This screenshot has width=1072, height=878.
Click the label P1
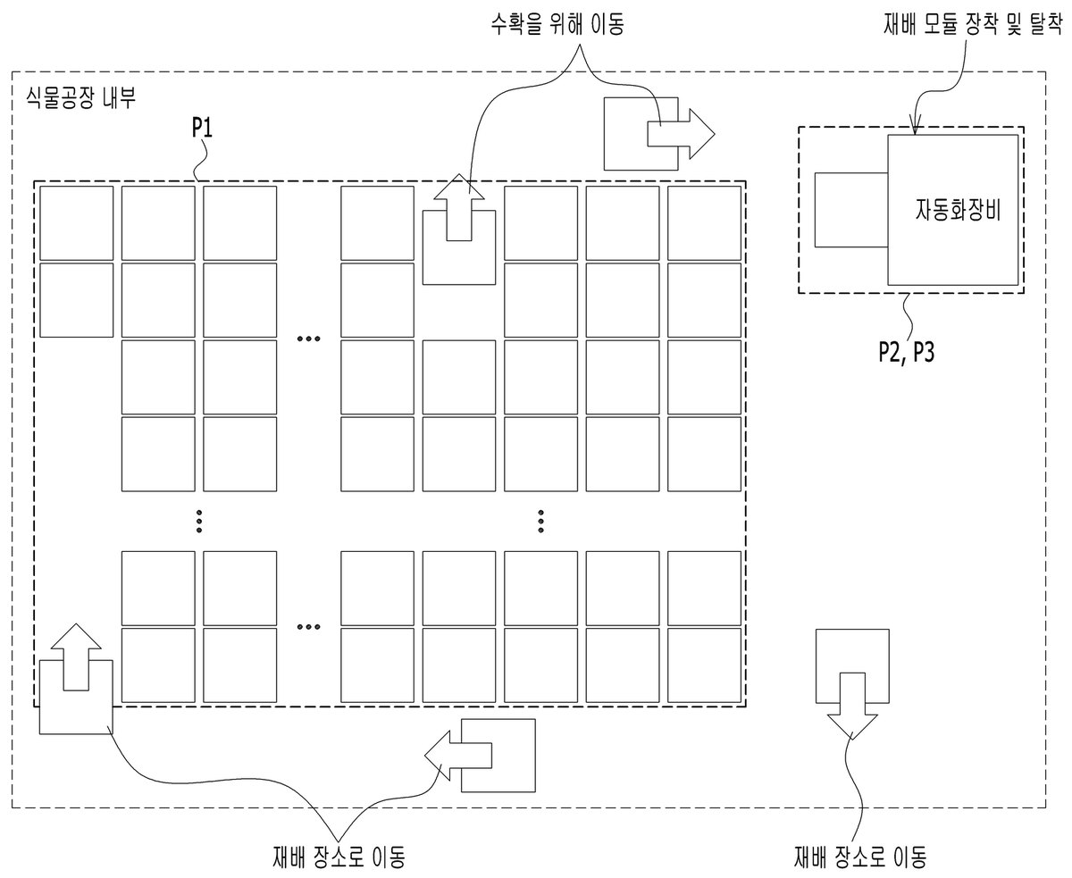[x=202, y=128]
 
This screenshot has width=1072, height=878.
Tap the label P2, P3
[x=907, y=352]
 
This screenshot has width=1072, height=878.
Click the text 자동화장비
[x=959, y=209]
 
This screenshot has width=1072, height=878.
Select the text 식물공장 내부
[x=80, y=98]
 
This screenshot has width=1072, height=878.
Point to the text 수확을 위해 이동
[x=557, y=23]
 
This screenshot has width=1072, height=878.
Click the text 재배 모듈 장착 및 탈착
[x=973, y=23]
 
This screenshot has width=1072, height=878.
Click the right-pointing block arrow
[x=681, y=134]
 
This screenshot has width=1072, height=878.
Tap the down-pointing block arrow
[x=852, y=706]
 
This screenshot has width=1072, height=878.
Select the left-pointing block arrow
[x=458, y=755]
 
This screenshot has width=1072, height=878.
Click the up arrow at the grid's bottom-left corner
[x=76, y=656]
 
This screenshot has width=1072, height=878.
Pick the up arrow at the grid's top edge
[x=459, y=207]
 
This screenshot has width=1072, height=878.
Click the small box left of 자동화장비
[x=851, y=210]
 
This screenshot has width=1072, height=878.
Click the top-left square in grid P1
[x=77, y=223]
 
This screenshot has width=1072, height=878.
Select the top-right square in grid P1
[x=704, y=223]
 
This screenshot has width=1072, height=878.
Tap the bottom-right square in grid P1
[x=704, y=665]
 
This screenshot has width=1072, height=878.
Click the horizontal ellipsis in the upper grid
[x=308, y=339]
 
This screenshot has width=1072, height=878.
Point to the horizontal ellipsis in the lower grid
[x=308, y=626]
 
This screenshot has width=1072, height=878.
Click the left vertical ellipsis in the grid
[x=199, y=522]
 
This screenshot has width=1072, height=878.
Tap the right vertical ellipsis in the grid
[x=540, y=522]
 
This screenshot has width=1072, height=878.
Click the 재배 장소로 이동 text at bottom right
[x=860, y=857]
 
